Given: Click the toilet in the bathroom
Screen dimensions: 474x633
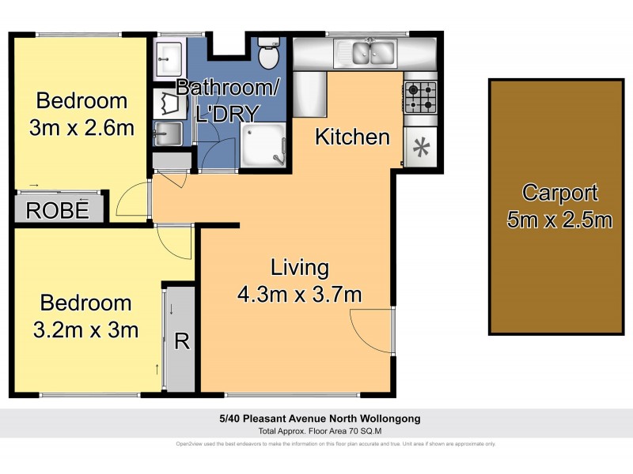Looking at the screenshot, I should pyautogui.click(x=269, y=55).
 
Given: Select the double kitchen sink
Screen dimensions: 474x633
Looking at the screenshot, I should pyautogui.click(x=373, y=53).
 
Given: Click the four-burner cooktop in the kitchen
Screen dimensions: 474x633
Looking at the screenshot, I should pyautogui.click(x=419, y=97).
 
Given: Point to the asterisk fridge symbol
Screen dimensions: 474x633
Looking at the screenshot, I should pyautogui.click(x=420, y=146).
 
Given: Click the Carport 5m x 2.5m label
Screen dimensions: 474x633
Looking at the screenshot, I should pyautogui.click(x=559, y=205).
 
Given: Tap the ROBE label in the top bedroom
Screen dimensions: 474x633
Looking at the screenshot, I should pyautogui.click(x=55, y=210).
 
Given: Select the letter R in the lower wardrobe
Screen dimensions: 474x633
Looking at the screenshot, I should pyautogui.click(x=181, y=341).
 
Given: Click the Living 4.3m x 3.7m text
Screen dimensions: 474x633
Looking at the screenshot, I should pyautogui.click(x=299, y=280).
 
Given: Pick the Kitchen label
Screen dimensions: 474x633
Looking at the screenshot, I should pyautogui.click(x=352, y=137).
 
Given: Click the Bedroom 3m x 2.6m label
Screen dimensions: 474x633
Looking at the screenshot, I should pyautogui.click(x=81, y=113).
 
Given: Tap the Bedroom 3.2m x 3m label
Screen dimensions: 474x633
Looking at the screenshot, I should pyautogui.click(x=85, y=315).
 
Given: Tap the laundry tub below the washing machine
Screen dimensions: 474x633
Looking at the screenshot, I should pyautogui.click(x=168, y=134).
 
